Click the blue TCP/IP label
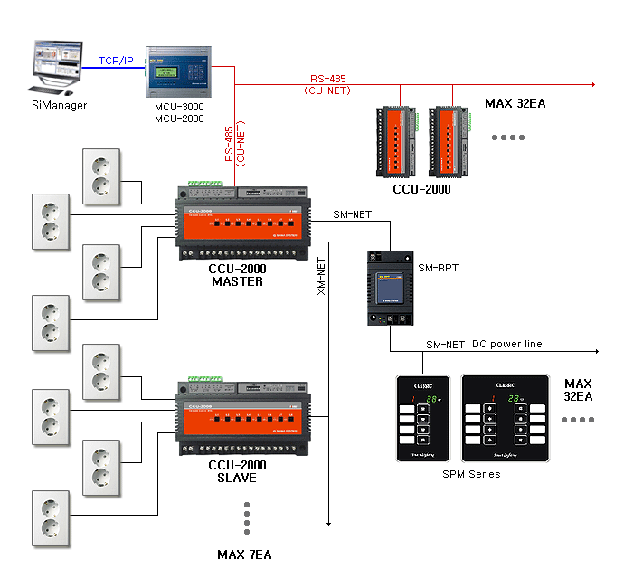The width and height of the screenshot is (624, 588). click(115, 61)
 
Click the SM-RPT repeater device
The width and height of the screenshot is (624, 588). click(390, 288)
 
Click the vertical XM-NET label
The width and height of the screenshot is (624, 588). click(320, 276)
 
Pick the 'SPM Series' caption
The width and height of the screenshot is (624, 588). click(470, 473)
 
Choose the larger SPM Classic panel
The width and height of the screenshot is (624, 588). click(505, 417)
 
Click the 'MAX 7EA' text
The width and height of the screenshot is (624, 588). click(244, 554)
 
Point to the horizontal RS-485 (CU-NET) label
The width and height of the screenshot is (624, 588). click(329, 84)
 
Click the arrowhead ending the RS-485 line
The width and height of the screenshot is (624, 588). click(592, 84)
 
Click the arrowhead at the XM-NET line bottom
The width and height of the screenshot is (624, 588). click(329, 522)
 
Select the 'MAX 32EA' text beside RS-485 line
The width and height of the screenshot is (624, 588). click(515, 103)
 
